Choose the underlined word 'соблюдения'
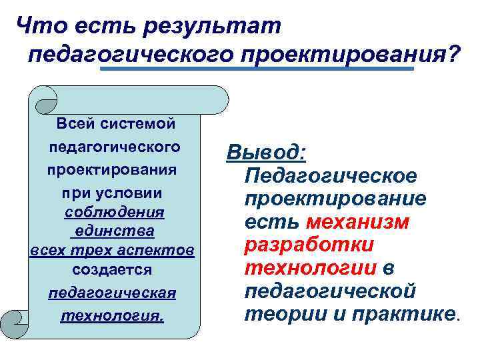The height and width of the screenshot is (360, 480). point(114,212)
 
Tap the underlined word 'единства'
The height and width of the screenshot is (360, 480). point(114,231)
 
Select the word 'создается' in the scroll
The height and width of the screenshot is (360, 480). point(112,270)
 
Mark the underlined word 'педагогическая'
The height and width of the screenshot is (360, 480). point(112,293)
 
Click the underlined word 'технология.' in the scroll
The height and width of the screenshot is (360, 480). point(112,315)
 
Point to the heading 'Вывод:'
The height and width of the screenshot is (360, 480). point(266,153)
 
